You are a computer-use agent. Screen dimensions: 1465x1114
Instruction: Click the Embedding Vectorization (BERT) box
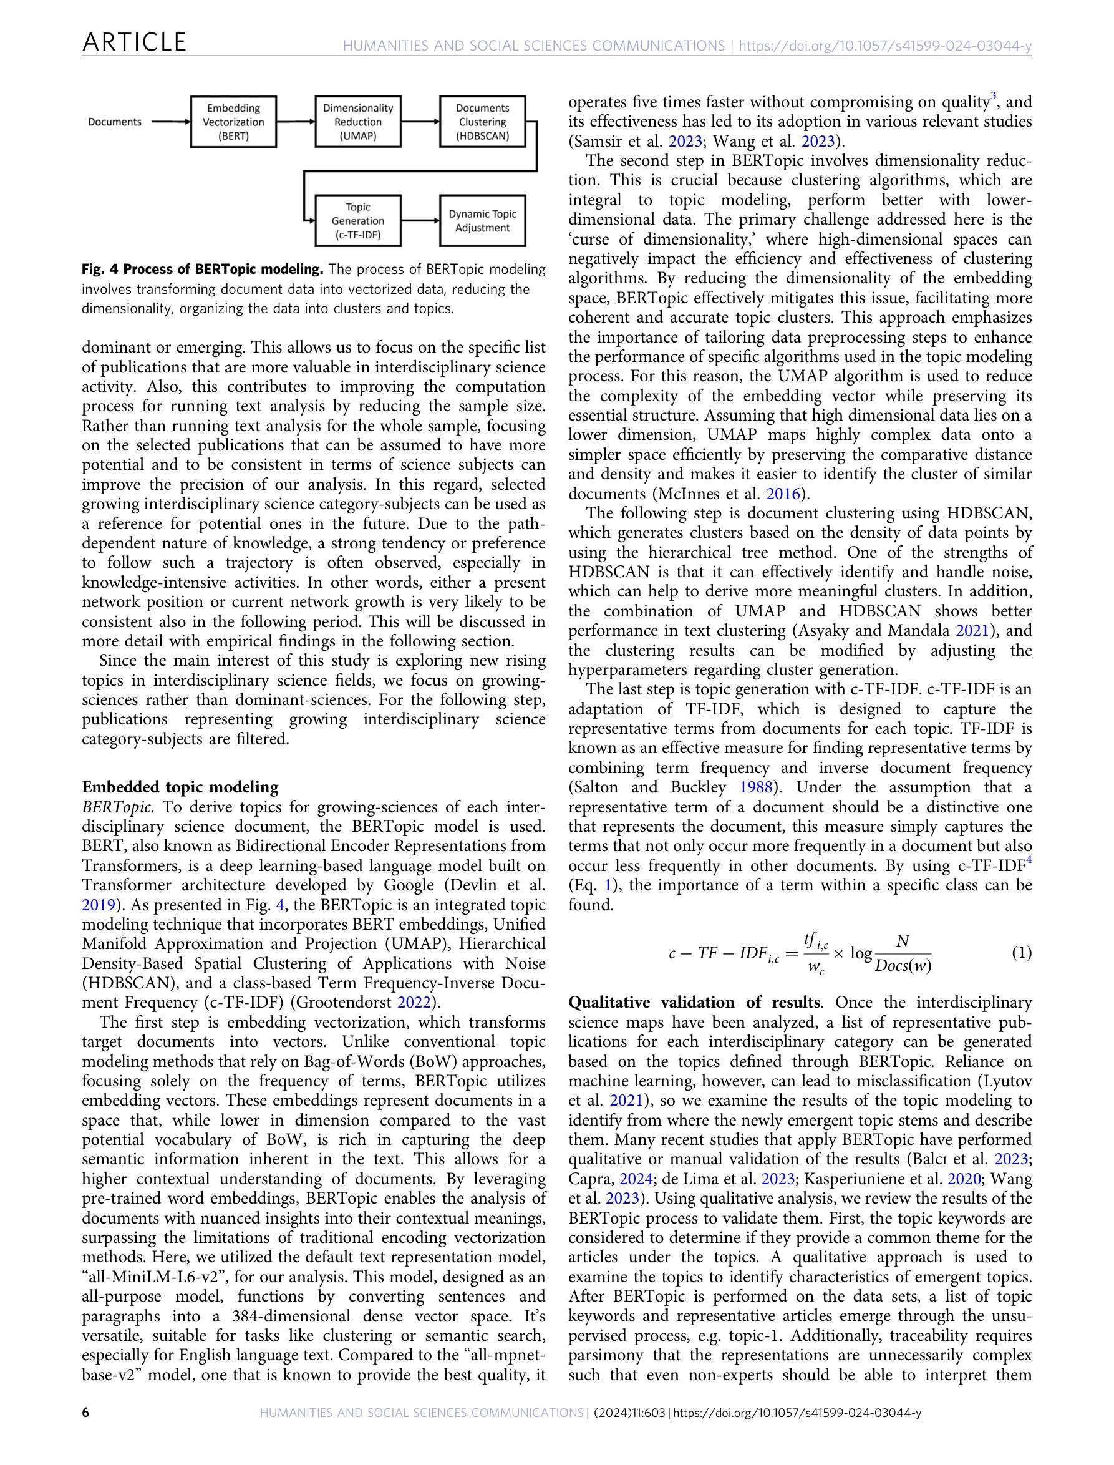[x=233, y=122]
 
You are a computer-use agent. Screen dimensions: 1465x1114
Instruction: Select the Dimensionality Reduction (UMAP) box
[x=357, y=122]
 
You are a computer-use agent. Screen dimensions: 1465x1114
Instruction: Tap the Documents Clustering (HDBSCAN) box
[x=482, y=122]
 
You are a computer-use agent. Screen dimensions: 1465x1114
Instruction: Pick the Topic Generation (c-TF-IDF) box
[x=357, y=221]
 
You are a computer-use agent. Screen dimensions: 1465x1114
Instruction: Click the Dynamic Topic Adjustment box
[x=482, y=221]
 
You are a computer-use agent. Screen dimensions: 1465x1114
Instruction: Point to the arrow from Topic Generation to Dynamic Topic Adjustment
[x=420, y=221]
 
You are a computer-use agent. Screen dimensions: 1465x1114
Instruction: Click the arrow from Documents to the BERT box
[x=170, y=122]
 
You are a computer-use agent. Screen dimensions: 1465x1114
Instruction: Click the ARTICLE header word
[x=135, y=42]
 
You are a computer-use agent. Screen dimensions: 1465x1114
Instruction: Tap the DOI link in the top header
[x=884, y=46]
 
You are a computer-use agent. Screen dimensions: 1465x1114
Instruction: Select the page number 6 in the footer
[x=85, y=1413]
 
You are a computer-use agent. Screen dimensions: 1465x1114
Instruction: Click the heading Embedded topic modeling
[x=180, y=787]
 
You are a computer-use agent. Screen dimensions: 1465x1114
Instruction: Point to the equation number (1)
[x=1021, y=953]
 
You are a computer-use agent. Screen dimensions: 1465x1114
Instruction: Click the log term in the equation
[x=861, y=953]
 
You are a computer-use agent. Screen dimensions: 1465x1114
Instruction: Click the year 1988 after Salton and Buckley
[x=756, y=787]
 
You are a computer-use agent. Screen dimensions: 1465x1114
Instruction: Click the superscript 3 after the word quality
[x=994, y=97]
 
